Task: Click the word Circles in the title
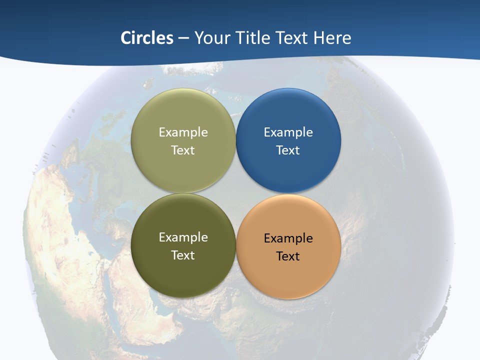point(147,38)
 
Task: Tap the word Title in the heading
point(252,38)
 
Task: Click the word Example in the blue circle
point(288,132)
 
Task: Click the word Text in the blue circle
point(288,150)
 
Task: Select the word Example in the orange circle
point(288,238)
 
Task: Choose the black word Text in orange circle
point(288,256)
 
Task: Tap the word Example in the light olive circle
point(183,132)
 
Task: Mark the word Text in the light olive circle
point(183,150)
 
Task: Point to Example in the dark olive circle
point(183,237)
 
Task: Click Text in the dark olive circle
point(183,255)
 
